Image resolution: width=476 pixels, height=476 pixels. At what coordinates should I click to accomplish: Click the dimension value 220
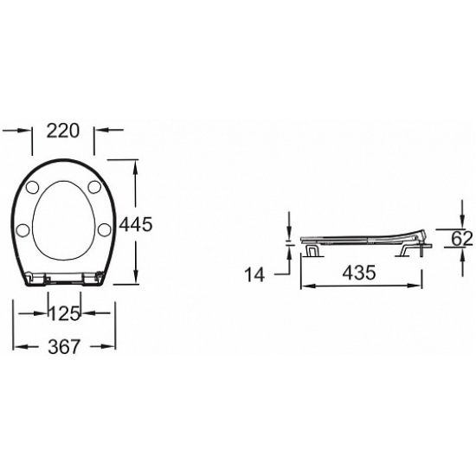[x=63, y=131]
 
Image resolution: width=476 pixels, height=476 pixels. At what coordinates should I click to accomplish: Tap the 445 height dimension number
[x=135, y=225]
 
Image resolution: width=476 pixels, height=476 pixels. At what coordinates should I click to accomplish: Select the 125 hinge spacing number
[x=64, y=313]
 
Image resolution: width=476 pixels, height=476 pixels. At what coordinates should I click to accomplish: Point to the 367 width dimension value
[x=64, y=346]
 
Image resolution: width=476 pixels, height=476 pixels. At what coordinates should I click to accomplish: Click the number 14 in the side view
[x=254, y=274]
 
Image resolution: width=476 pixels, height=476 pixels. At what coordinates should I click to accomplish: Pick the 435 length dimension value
[x=359, y=273]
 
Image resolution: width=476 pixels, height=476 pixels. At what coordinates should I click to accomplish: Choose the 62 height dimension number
[x=462, y=238]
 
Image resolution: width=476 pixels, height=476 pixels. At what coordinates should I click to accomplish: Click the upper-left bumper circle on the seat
[x=33, y=187]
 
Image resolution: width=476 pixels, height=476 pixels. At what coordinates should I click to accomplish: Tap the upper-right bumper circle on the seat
[x=94, y=187]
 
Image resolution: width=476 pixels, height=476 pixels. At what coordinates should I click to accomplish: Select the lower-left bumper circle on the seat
[x=23, y=229]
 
